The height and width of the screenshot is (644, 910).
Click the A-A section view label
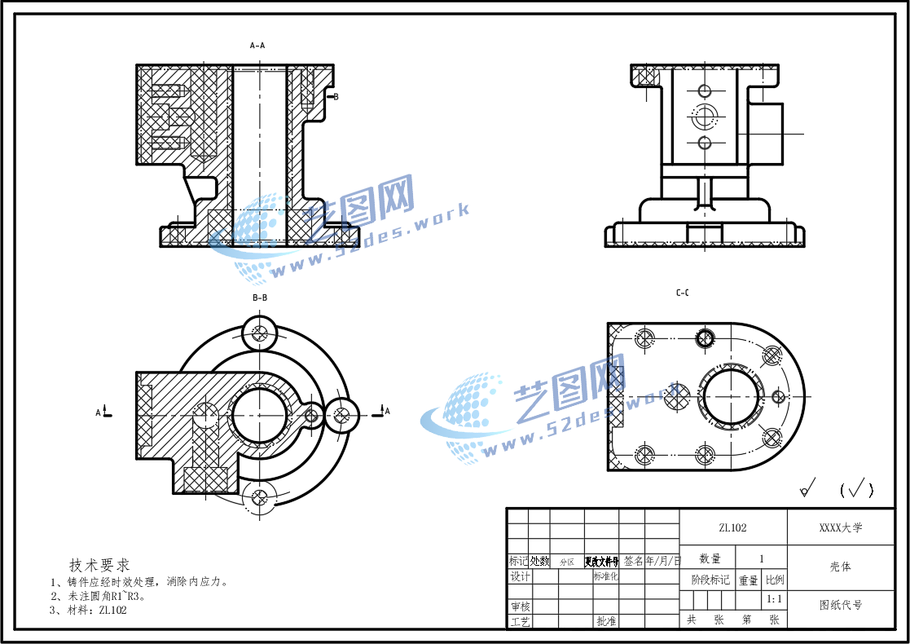point(257,46)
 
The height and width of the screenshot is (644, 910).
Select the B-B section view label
point(260,298)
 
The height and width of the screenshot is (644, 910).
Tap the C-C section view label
point(683,293)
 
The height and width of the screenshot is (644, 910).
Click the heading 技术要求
point(99,565)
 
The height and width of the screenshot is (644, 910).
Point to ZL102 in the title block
point(732,528)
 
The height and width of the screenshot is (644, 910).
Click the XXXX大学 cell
point(840,528)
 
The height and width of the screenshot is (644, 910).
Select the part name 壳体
point(840,567)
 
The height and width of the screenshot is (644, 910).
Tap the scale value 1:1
point(775,600)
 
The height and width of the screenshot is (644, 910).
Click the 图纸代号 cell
point(840,605)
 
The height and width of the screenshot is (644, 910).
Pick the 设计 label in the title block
point(519,576)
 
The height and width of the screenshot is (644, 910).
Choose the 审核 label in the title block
point(519,607)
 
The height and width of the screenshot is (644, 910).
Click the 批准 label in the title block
point(606,621)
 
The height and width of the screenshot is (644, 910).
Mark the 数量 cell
point(710,558)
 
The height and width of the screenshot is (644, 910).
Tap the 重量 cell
point(749,580)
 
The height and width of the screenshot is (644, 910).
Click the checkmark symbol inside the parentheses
point(856,489)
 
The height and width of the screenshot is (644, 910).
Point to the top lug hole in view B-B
point(261,332)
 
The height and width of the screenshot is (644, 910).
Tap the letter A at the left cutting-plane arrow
point(99,412)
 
